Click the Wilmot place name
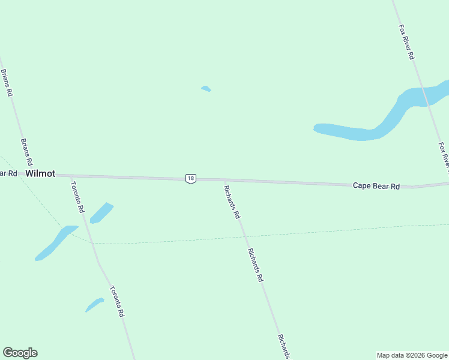[x=40, y=173]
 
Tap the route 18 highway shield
[x=190, y=178]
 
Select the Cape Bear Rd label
[x=376, y=186]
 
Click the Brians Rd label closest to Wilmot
[x=26, y=152]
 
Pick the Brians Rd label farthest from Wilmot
[x=7, y=83]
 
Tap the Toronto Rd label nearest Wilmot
[x=77, y=197]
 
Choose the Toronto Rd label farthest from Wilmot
[x=116, y=301]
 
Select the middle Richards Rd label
[x=255, y=265]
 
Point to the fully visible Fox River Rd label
[x=406, y=41]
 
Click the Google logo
[x=20, y=353]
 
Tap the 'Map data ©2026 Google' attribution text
[x=412, y=355]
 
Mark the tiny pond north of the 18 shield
[x=206, y=89]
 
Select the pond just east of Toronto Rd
[x=101, y=212]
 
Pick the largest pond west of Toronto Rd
[x=56, y=242]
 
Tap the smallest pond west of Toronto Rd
[x=94, y=305]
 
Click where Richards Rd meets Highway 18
[x=224, y=179]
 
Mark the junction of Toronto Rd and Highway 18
[x=70, y=176]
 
